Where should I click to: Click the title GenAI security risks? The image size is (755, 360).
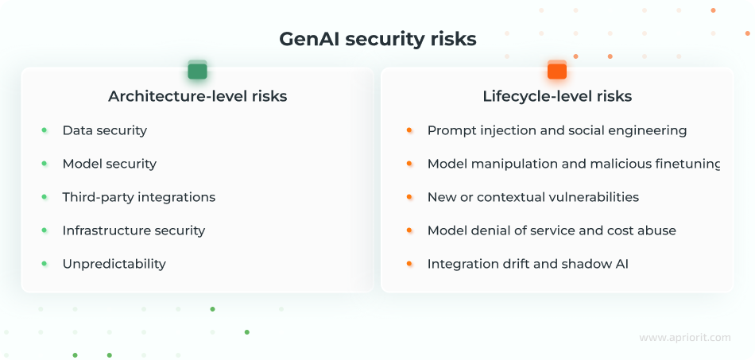pyautogui.click(x=377, y=39)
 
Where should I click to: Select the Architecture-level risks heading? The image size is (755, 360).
pyautogui.click(x=197, y=96)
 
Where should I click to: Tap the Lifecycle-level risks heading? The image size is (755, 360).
pyautogui.click(x=557, y=96)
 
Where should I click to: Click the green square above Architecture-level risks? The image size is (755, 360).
pyautogui.click(x=197, y=71)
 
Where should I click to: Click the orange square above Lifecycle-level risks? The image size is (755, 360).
pyautogui.click(x=557, y=71)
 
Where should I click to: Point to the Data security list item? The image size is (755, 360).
pyautogui.click(x=104, y=130)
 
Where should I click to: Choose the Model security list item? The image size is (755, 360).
pyautogui.click(x=109, y=164)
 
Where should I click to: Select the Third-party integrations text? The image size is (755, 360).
pyautogui.click(x=138, y=197)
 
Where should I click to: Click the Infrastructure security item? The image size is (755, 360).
pyautogui.click(x=134, y=230)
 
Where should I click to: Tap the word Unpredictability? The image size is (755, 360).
pyautogui.click(x=114, y=264)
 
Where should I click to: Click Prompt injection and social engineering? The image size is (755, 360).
pyautogui.click(x=556, y=130)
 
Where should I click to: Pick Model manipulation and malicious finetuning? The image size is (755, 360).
pyautogui.click(x=573, y=164)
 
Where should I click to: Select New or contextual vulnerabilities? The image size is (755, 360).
pyautogui.click(x=532, y=197)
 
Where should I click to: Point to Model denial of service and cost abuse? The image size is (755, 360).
pyautogui.click(x=552, y=230)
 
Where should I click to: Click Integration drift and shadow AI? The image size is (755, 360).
pyautogui.click(x=528, y=264)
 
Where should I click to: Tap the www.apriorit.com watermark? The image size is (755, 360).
pyautogui.click(x=684, y=338)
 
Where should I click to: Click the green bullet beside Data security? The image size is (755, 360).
pyautogui.click(x=45, y=130)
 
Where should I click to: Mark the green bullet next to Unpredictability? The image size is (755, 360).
pyautogui.click(x=45, y=263)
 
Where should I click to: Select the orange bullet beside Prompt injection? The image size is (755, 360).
pyautogui.click(x=409, y=130)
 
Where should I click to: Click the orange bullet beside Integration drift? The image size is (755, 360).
pyautogui.click(x=409, y=263)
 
